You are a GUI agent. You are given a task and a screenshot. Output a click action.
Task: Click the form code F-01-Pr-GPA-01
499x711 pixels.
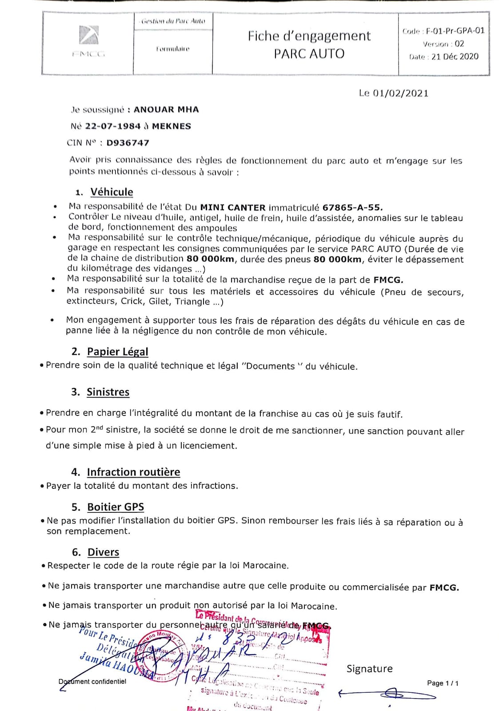pyautogui.click(x=455, y=31)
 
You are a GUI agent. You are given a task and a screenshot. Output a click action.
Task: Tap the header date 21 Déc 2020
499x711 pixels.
pyautogui.click(x=455, y=56)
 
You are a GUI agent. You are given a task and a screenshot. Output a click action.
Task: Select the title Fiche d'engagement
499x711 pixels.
pyautogui.click(x=309, y=36)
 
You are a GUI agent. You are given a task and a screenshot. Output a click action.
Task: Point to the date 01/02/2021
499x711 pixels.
pyautogui.click(x=400, y=93)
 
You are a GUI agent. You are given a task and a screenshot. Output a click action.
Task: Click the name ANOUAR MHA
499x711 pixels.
pyautogui.click(x=166, y=110)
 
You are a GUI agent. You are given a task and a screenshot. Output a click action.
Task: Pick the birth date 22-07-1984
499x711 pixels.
pyautogui.click(x=113, y=126)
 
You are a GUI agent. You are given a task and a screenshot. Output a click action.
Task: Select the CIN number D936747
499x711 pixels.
pyautogui.click(x=128, y=143)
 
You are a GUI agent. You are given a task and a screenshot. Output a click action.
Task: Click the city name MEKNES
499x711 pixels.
pyautogui.click(x=172, y=126)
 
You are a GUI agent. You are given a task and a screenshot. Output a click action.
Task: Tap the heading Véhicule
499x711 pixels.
pyautogui.click(x=112, y=192)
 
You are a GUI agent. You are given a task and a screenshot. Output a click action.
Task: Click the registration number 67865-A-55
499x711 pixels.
pyautogui.click(x=352, y=208)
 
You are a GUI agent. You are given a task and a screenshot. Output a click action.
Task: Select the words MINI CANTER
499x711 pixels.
pyautogui.click(x=233, y=208)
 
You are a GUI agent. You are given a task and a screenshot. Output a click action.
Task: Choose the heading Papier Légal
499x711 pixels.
pyautogui.click(x=117, y=352)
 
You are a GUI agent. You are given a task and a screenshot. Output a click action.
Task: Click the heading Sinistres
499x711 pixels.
pyautogui.click(x=108, y=392)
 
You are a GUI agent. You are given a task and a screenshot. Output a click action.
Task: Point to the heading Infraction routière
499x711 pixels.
pyautogui.click(x=133, y=472)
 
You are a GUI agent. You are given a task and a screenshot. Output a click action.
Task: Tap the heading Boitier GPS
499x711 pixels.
pyautogui.click(x=116, y=507)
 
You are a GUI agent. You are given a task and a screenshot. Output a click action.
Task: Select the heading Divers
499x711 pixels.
pyautogui.click(x=104, y=552)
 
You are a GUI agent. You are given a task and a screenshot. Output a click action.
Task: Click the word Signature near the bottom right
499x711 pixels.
pyautogui.click(x=369, y=669)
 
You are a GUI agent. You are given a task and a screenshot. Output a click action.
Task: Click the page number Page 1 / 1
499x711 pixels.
pyautogui.click(x=443, y=683)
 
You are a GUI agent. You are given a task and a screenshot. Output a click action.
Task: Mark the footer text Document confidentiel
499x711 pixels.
pyautogui.click(x=92, y=681)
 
